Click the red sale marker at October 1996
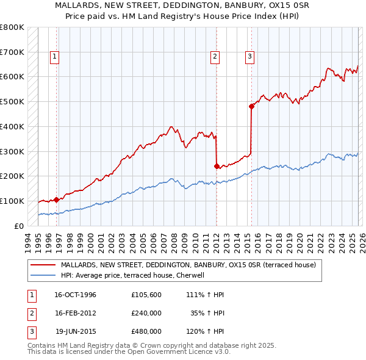coord(57,199)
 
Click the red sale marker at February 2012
coord(217,165)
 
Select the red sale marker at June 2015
coord(251,106)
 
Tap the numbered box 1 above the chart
coord(55,57)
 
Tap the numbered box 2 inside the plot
coord(215,57)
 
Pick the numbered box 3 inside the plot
coord(250,57)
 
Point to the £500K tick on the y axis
coord(12,101)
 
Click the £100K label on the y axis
coord(12,201)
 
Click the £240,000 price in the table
coord(146,313)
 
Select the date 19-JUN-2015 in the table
coord(76,331)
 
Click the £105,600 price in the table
coord(146,295)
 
